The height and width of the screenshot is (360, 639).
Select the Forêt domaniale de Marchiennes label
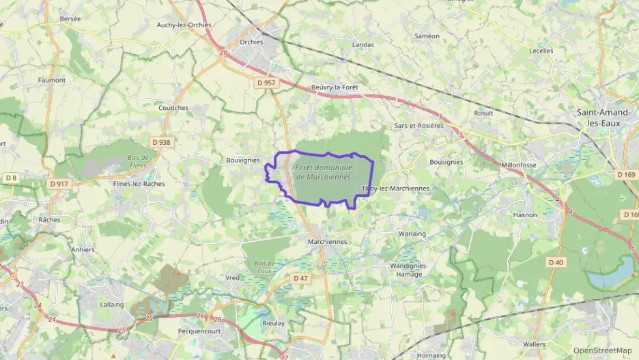click(x=324, y=171)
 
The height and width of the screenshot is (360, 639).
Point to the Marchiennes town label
click(x=328, y=242)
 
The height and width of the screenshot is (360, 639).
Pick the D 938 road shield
click(x=161, y=142)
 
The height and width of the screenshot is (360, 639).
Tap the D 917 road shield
click(x=59, y=183)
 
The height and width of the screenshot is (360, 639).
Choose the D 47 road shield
click(x=300, y=278)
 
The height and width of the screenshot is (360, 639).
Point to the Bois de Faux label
click(x=264, y=266)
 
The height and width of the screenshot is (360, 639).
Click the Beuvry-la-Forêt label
click(x=335, y=87)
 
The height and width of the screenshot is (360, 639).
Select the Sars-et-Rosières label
click(x=418, y=126)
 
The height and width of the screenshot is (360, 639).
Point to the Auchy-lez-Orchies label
click(x=184, y=25)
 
